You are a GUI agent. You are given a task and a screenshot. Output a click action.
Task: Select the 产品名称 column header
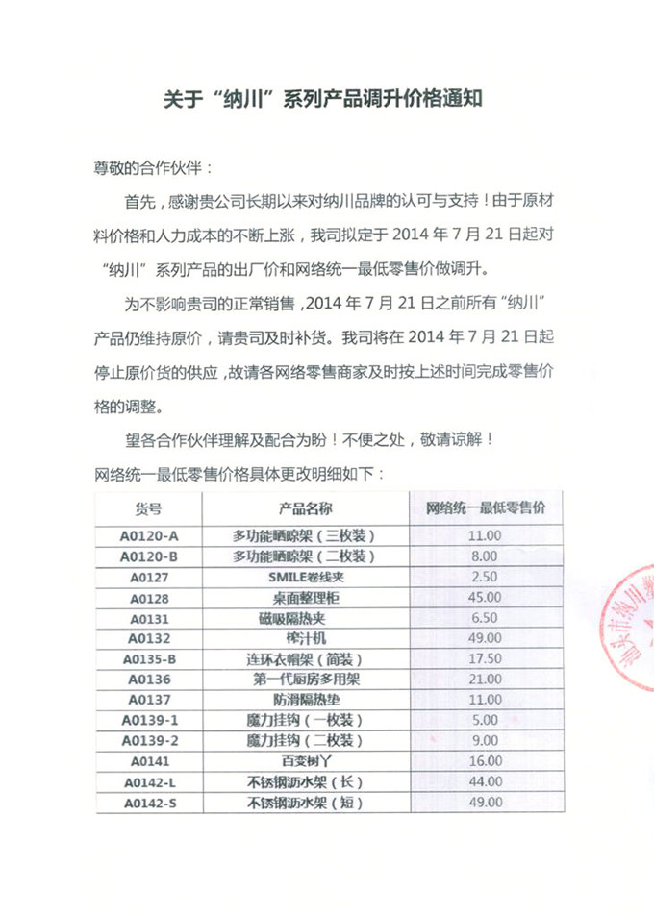tap(305, 509)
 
